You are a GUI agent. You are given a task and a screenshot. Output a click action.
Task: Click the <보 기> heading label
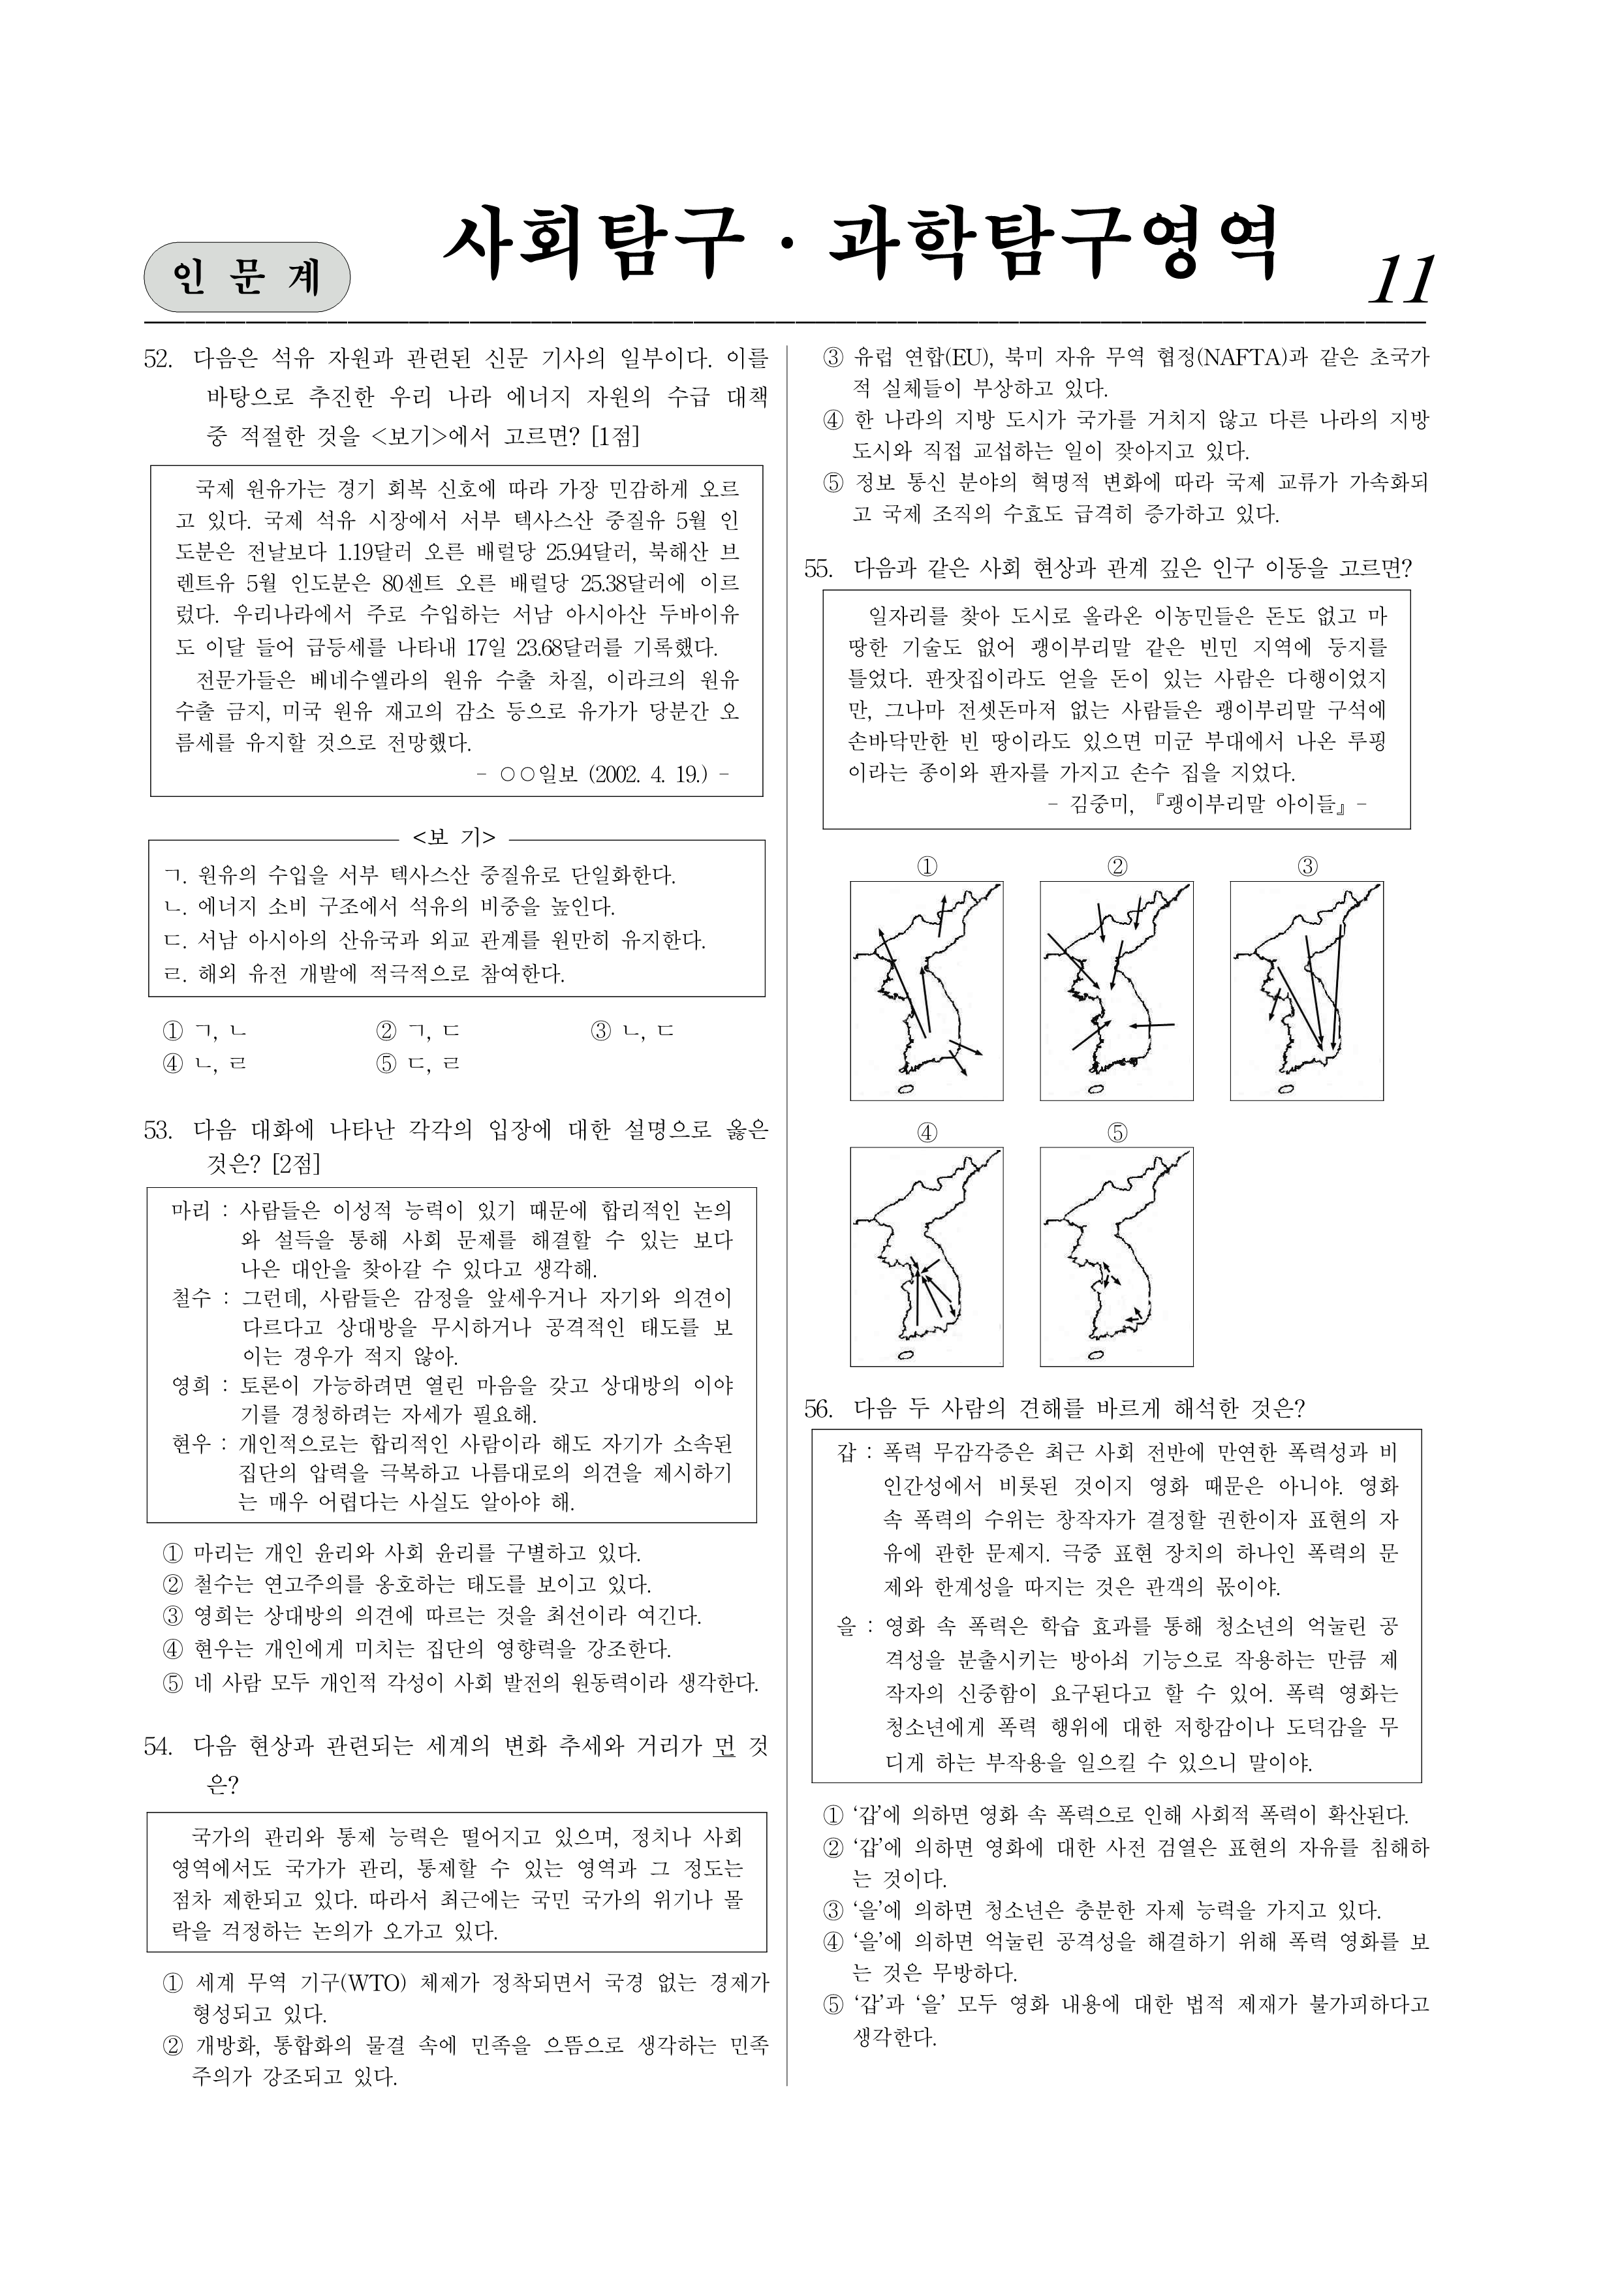click(x=454, y=837)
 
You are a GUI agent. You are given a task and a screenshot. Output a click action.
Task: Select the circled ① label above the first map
click(x=927, y=867)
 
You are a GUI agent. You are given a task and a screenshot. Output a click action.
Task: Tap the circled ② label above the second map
click(x=1117, y=867)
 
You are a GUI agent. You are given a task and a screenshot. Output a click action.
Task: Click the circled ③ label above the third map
click(x=1307, y=867)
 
